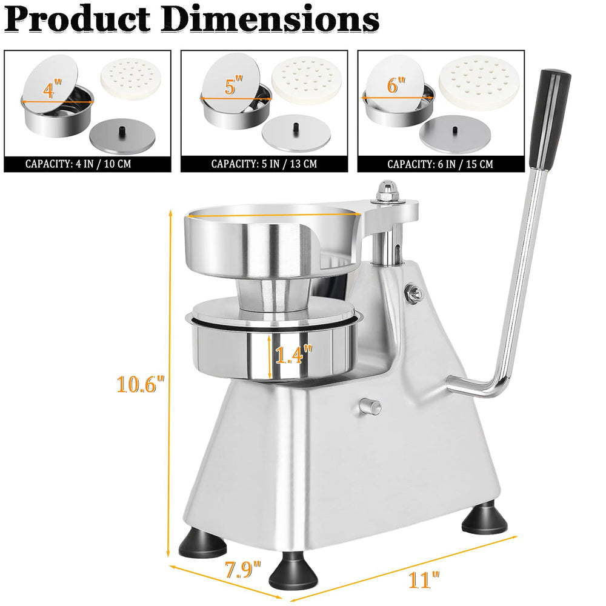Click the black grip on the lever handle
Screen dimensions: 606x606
(x=548, y=119)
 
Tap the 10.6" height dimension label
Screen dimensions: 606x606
(x=141, y=384)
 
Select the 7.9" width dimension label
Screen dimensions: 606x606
(x=243, y=570)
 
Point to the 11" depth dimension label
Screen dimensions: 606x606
(x=424, y=580)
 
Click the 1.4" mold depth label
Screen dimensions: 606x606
(x=293, y=355)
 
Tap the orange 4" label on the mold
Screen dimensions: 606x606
(x=52, y=89)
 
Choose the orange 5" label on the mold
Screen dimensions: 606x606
(x=233, y=85)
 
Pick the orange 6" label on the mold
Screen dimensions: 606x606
(x=396, y=85)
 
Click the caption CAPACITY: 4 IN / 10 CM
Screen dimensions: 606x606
(x=78, y=164)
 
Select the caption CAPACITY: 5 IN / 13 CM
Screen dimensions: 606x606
(x=264, y=164)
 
